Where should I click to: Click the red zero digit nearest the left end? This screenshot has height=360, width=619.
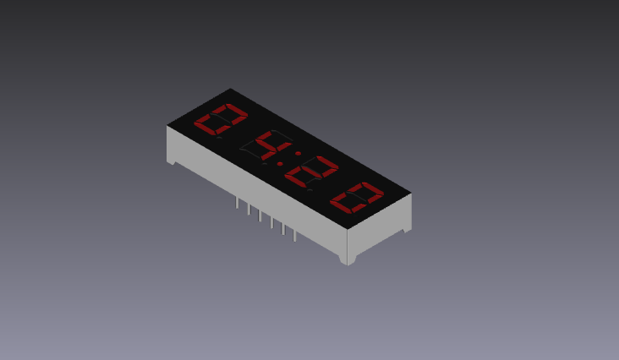[221, 120]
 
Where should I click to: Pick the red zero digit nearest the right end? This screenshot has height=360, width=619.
[356, 199]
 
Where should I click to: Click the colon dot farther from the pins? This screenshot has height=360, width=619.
[297, 154]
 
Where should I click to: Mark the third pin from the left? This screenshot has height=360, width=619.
[260, 215]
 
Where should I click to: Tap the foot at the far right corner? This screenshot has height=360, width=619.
[406, 228]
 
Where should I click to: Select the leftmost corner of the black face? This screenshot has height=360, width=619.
[167, 125]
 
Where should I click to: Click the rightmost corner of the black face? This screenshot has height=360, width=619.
[412, 194]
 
